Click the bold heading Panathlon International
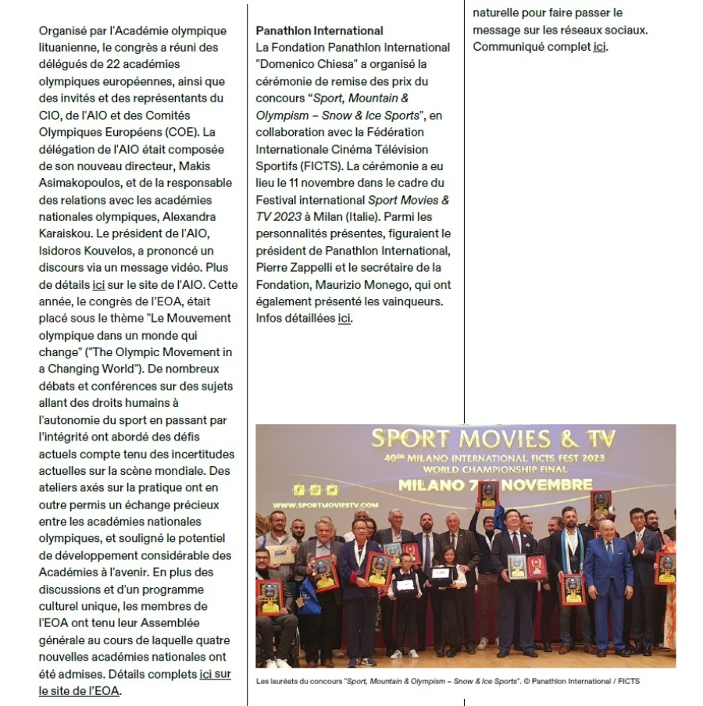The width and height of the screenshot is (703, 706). coord(319,31)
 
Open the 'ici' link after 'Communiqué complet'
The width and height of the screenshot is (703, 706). coord(599,47)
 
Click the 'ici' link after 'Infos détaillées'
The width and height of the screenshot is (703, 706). coord(344,318)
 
